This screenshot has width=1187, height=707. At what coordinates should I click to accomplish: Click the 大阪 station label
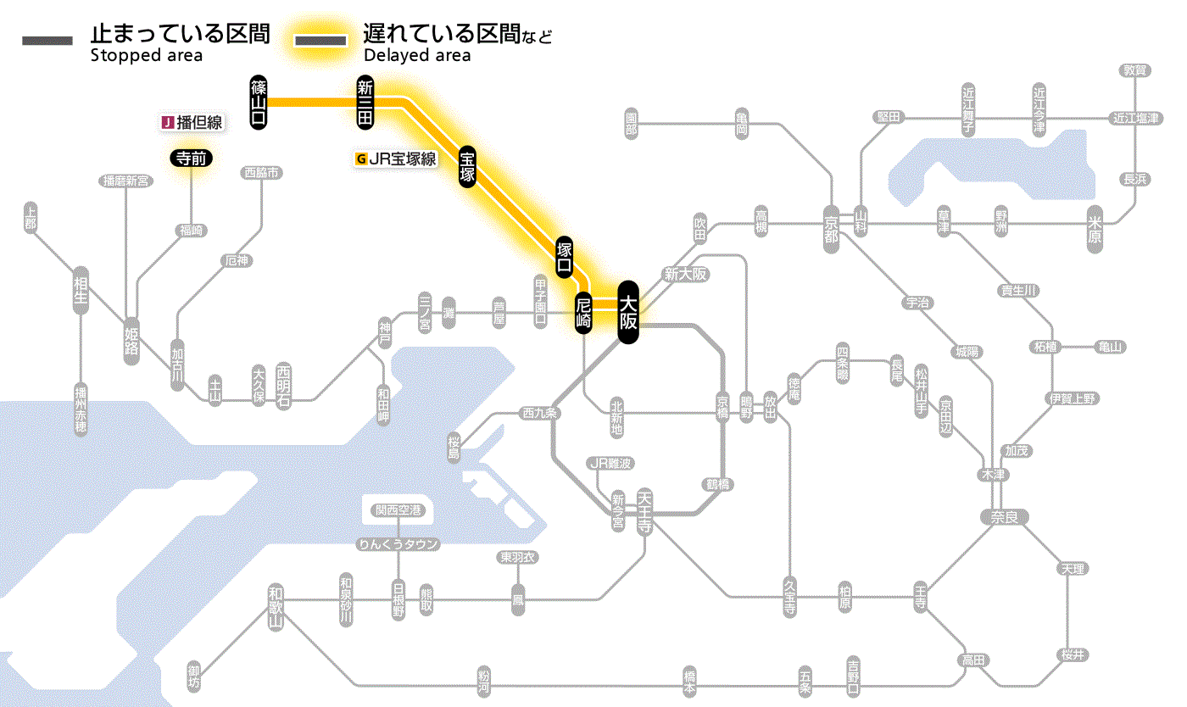pos(627,312)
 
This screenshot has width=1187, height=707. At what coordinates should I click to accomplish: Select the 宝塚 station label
pos(467,166)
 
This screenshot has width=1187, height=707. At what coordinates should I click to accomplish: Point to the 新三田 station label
pos(365,103)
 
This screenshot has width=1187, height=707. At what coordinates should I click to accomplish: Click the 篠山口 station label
pos(259,103)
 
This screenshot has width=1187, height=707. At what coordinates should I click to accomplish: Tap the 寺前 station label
pos(191,157)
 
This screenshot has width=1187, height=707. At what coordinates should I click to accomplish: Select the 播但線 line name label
pos(200,123)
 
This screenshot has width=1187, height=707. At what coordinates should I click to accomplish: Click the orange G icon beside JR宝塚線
pos(361,159)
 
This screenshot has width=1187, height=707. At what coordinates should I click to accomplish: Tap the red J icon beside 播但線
pos(167,123)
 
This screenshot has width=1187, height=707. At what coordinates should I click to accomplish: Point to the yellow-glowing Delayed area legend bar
pos(320,41)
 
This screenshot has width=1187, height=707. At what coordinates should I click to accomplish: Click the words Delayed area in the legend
pos(417,56)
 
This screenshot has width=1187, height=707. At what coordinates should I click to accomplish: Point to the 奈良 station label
pos(1002,516)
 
